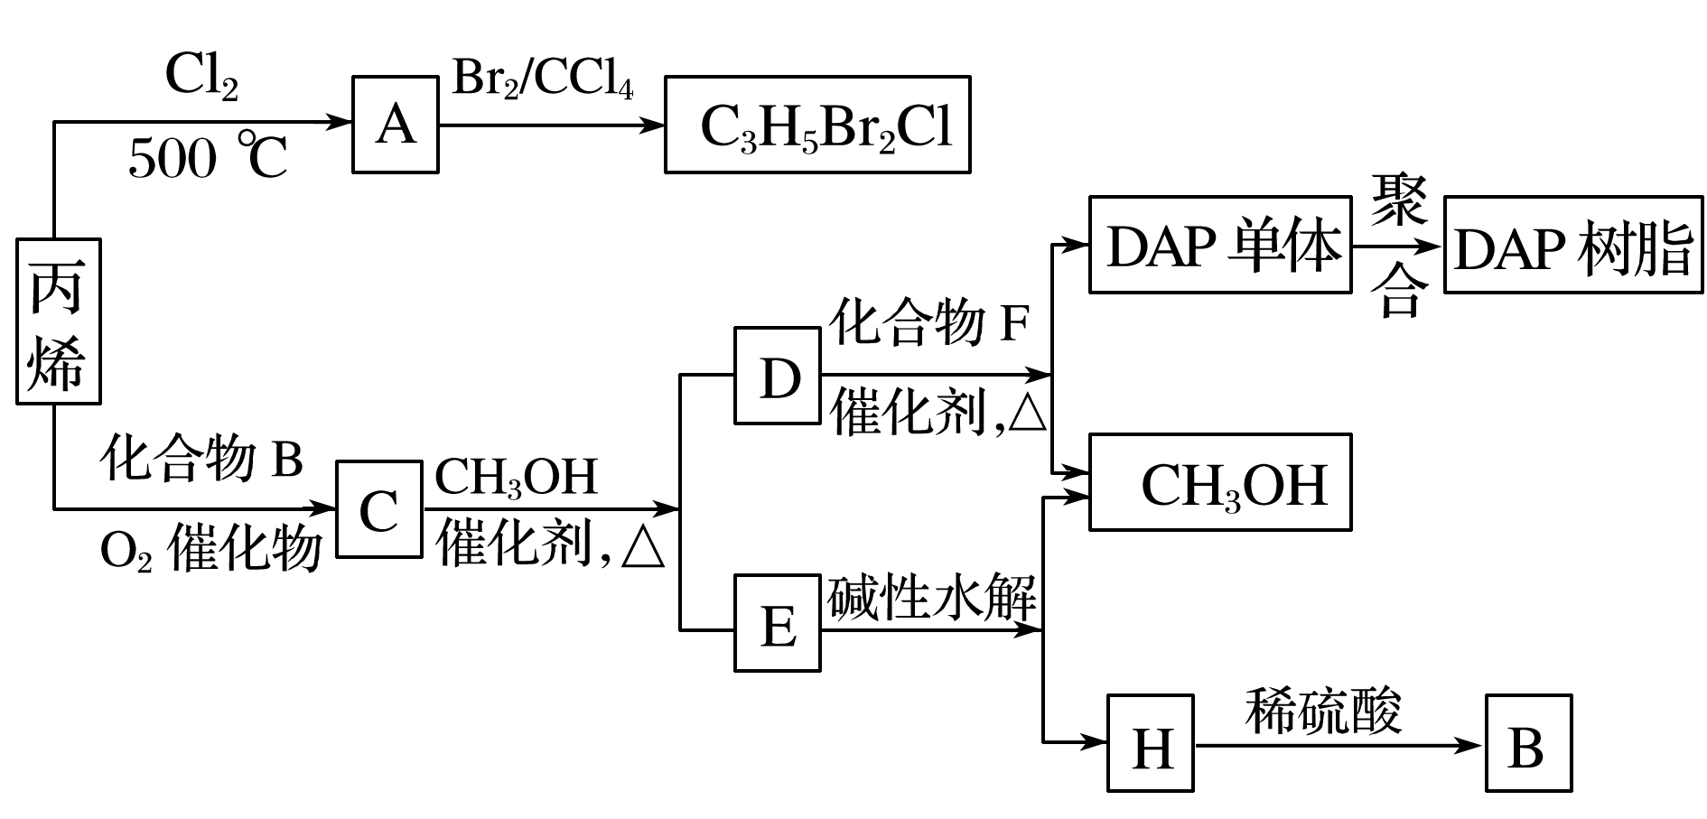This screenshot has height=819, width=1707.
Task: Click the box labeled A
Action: pos(395,125)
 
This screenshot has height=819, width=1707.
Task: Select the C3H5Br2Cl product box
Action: pos(817,125)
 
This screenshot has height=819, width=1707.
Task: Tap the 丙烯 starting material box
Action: pos(58,321)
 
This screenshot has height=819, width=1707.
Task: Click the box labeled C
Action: pos(378,509)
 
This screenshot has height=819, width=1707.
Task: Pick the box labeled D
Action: pos(778,376)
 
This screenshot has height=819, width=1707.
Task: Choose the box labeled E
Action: pos(778,624)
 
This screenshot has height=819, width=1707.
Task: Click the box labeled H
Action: pos(1151,743)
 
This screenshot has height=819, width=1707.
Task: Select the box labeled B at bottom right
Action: pos(1528,743)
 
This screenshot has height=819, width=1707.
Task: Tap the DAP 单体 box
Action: pos(1219,245)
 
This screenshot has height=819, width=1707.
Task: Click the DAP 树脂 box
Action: pos(1572,245)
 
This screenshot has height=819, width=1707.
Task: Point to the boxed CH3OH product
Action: pos(1219,482)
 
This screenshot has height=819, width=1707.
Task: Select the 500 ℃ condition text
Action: pos(208,159)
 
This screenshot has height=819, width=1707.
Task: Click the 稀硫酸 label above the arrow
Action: pos(1323,710)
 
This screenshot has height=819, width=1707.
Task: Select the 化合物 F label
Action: pos(929,322)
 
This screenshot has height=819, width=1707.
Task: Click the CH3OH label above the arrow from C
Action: pos(516,477)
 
